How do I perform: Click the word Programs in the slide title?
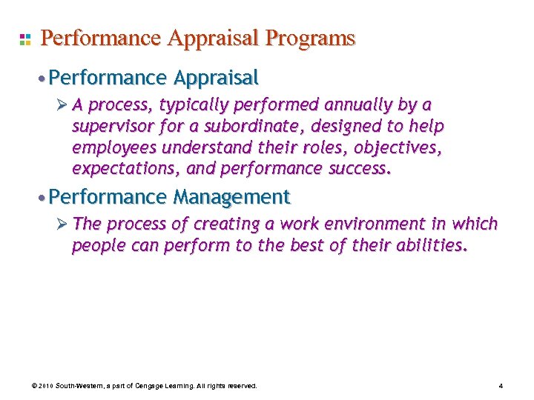point(312,39)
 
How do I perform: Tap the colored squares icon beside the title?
point(25,39)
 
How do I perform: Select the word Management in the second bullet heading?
point(231,197)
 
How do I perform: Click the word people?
point(96,246)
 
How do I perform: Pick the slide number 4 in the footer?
point(501,386)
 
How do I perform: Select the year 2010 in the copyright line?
point(45,386)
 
